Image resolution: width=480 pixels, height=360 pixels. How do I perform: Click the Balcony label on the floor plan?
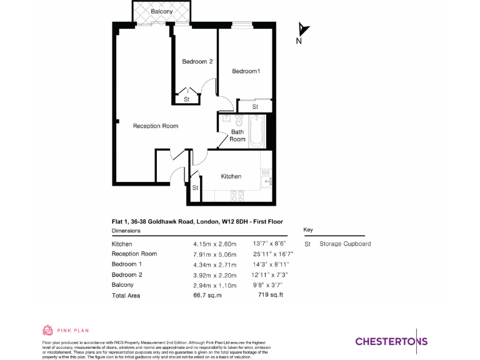coord(161,11)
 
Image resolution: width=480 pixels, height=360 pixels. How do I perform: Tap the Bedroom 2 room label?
coord(197,61)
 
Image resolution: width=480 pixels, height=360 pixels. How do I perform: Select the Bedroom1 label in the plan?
coord(246,71)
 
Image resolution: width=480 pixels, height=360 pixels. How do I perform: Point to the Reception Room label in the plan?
coord(156,126)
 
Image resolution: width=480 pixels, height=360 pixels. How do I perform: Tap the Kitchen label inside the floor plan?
coord(231,176)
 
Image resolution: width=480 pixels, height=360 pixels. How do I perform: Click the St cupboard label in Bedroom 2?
coord(187,99)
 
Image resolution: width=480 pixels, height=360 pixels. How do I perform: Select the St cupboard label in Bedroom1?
coord(255,107)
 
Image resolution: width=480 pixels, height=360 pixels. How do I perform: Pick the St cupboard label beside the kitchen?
coord(195,187)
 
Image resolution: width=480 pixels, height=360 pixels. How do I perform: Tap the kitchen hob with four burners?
coord(237,195)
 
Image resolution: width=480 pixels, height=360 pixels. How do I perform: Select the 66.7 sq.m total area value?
coord(207,295)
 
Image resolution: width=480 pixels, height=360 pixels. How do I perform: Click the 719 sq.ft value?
coord(271,295)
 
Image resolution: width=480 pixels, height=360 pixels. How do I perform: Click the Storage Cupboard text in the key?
coord(345,244)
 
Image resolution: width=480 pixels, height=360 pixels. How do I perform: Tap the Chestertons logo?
coord(391,341)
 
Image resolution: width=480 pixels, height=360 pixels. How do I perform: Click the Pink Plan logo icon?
coord(48,330)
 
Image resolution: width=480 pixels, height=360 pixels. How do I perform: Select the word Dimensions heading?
coord(126,231)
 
